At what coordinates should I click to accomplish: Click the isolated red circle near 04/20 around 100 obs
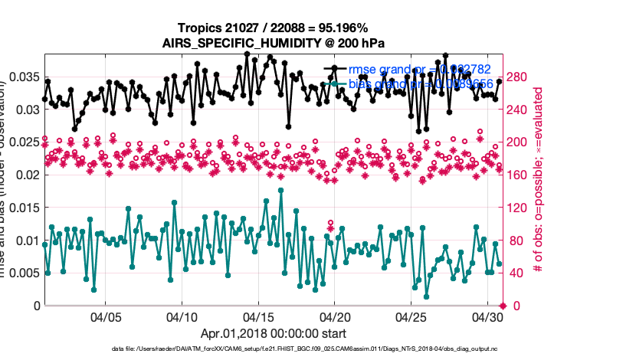[x=330, y=223]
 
